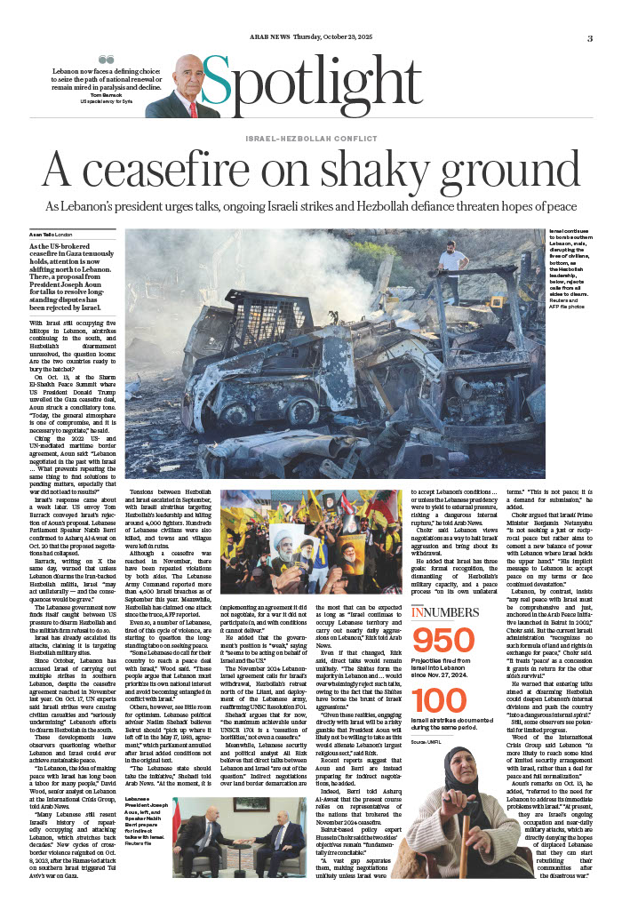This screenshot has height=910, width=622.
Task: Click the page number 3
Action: (x=589, y=38)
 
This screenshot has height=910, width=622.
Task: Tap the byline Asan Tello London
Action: (x=55, y=234)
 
